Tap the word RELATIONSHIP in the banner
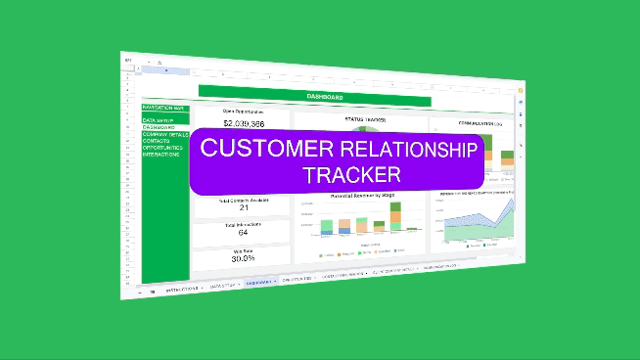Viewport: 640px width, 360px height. pos(410,150)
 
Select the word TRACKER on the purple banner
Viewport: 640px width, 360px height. pos(351,176)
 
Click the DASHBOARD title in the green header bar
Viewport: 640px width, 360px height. pos(324,97)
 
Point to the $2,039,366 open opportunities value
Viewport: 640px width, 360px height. pos(243,124)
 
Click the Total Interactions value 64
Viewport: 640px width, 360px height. pos(243,232)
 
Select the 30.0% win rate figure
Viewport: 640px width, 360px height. pos(243,259)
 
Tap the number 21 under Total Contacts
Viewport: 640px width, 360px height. pos(244,207)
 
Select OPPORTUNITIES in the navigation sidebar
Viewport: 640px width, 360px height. pos(162,148)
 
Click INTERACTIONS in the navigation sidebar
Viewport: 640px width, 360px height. pos(160,154)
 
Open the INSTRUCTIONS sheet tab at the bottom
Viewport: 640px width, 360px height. pos(183,289)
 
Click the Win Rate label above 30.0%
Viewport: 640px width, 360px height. pos(243,249)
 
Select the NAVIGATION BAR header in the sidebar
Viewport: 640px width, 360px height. pos(162,107)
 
